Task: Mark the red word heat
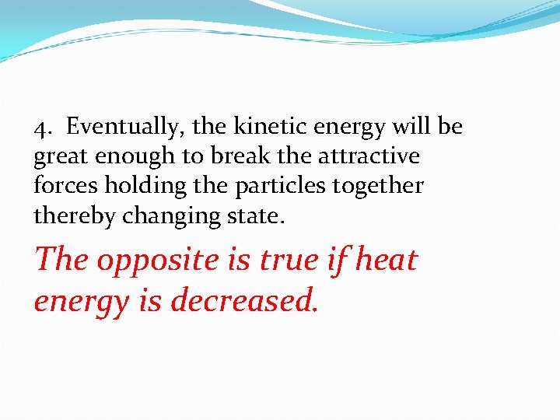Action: [x=385, y=259]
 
